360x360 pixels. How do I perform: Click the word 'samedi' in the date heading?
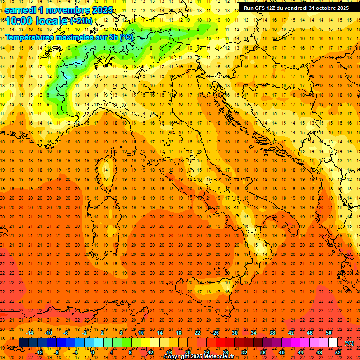tap(21, 10)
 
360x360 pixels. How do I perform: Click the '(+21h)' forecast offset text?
tap(81, 21)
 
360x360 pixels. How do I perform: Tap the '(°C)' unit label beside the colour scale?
tap(349, 343)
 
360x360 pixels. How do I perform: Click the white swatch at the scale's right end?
tap(333, 343)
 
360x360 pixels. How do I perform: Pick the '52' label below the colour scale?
tap(338, 352)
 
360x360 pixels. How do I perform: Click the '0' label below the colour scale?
tap(93, 352)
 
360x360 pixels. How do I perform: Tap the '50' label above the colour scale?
tap(329, 333)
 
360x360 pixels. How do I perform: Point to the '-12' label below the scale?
tap(39, 352)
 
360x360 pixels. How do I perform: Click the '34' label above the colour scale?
tap(254, 333)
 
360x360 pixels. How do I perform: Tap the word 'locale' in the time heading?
tap(52, 21)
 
